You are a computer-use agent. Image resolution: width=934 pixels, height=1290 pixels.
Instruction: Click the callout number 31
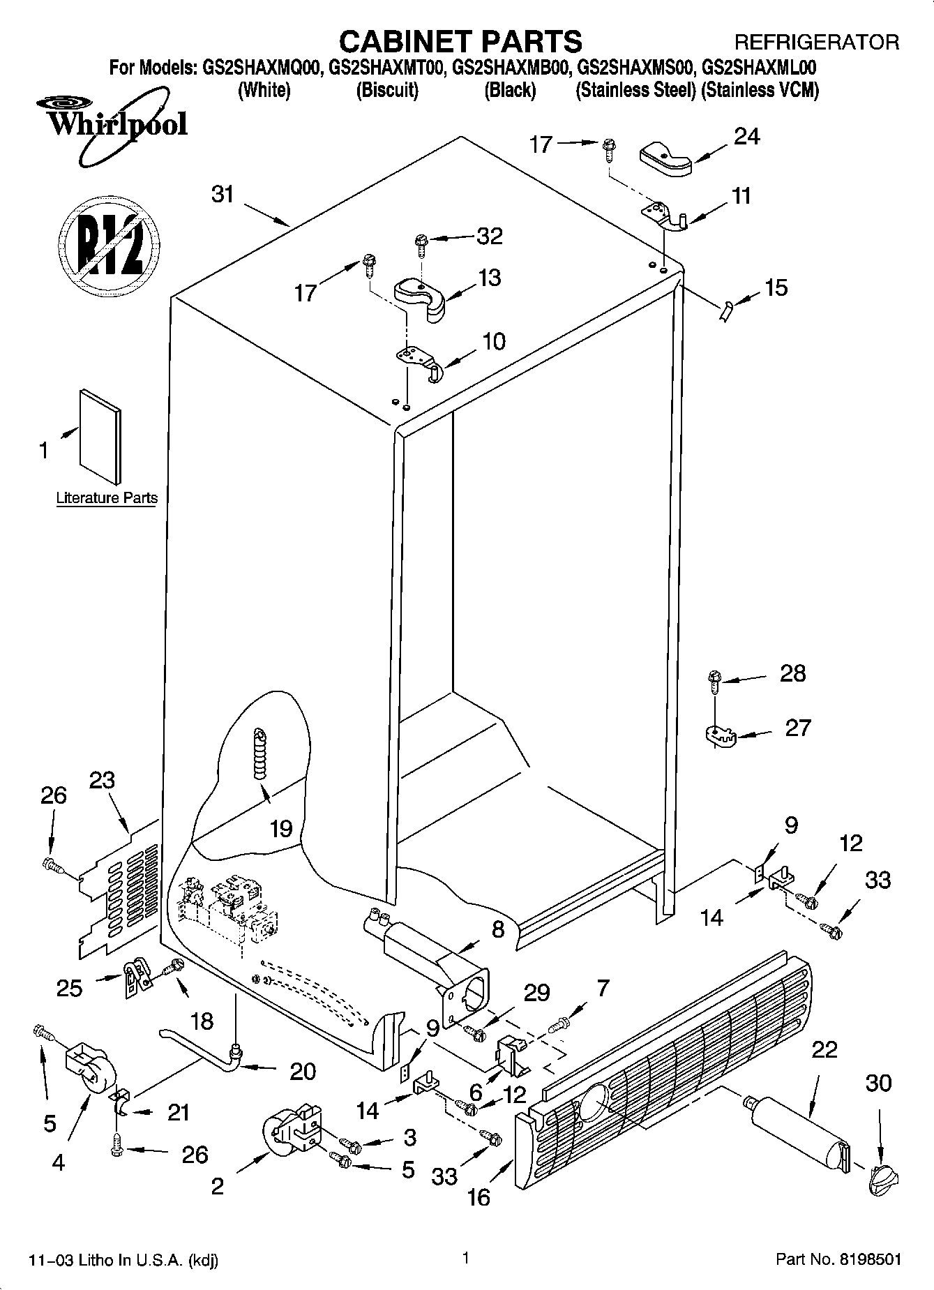click(223, 194)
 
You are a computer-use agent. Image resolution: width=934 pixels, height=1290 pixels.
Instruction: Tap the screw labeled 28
click(714, 680)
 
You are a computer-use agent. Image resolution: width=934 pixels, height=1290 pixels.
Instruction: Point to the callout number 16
click(479, 1197)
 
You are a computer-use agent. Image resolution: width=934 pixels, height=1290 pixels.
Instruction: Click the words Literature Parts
click(107, 498)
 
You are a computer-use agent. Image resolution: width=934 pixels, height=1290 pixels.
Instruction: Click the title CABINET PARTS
click(461, 42)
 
